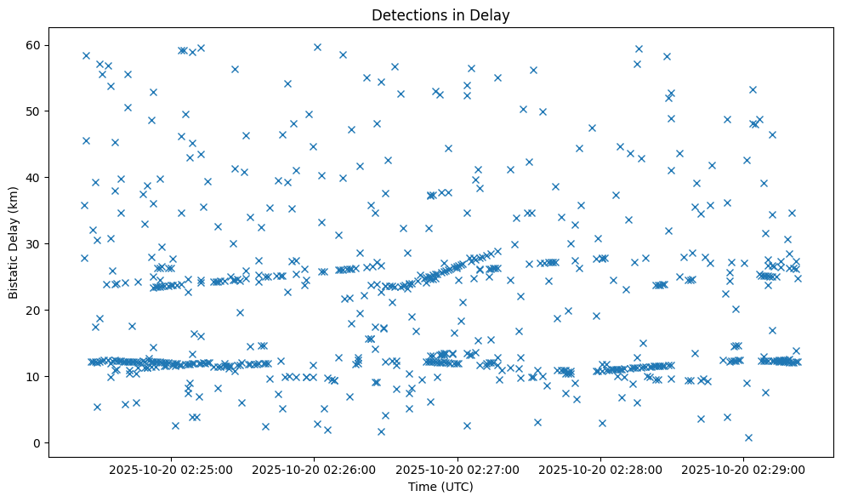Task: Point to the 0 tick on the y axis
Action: pyautogui.click(x=37, y=442)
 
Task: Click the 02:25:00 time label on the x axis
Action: pyautogui.click(x=172, y=469)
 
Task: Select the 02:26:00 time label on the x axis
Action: pyautogui.click(x=315, y=469)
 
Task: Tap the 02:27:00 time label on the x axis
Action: pyautogui.click(x=458, y=469)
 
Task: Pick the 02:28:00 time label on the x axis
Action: pyautogui.click(x=601, y=469)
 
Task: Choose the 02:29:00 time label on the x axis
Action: pyautogui.click(x=744, y=469)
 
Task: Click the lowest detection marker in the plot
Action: pyautogui.click(x=748, y=437)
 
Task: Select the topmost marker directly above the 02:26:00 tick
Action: pyautogui.click(x=317, y=47)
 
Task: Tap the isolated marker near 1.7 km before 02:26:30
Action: pyautogui.click(x=381, y=431)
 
